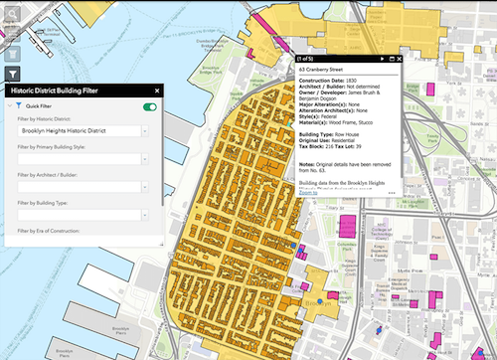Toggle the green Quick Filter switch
point(150,105)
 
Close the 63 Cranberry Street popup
point(400,60)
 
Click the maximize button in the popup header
point(391,60)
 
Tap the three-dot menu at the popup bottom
point(392,192)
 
